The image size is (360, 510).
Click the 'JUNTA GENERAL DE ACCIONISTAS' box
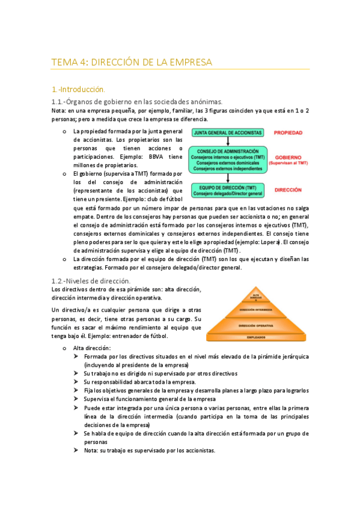(227, 132)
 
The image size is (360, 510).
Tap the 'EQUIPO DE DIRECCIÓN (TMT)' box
(227, 190)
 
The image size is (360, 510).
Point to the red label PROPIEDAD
(288, 132)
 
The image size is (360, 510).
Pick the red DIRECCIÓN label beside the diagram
(288, 189)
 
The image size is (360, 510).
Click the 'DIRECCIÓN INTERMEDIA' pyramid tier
(255, 310)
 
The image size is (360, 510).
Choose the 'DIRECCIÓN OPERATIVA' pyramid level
(255, 325)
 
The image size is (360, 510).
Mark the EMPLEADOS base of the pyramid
(255, 337)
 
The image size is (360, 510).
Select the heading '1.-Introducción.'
(78, 88)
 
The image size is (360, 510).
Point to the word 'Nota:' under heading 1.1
(59, 111)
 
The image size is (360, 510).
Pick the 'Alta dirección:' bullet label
(92, 348)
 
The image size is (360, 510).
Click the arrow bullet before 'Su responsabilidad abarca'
(76, 382)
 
